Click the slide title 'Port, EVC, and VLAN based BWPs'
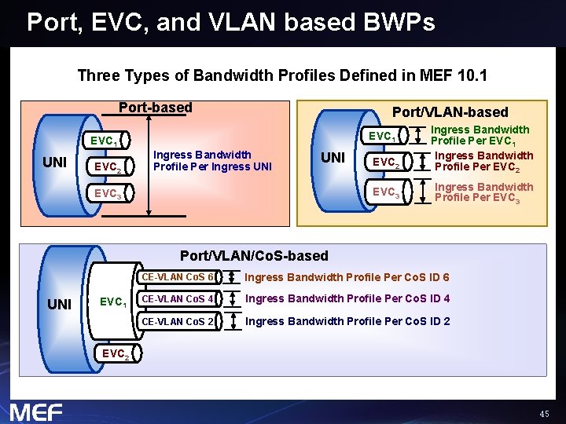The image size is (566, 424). (230, 22)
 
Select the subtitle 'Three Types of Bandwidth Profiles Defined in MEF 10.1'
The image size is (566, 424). (282, 76)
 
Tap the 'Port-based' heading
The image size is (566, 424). (155, 108)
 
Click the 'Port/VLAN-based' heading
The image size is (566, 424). (450, 112)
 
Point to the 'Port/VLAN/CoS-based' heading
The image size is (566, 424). (254, 255)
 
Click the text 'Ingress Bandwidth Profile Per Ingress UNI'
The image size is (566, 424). (202, 160)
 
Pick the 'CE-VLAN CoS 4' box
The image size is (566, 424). (177, 298)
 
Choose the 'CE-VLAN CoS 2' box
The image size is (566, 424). (177, 320)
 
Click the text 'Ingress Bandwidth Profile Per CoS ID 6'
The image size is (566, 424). (347, 277)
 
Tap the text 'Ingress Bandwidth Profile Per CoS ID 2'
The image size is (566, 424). (347, 321)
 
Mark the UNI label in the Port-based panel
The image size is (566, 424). (54, 163)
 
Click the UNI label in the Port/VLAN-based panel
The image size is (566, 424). (333, 158)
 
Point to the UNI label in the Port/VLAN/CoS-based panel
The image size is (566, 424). (60, 304)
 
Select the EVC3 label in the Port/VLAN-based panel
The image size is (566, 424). (386, 192)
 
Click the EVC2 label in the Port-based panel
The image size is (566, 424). (107, 166)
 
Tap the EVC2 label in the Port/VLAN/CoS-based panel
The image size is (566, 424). (114, 353)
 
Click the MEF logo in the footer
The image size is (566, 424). (35, 411)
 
